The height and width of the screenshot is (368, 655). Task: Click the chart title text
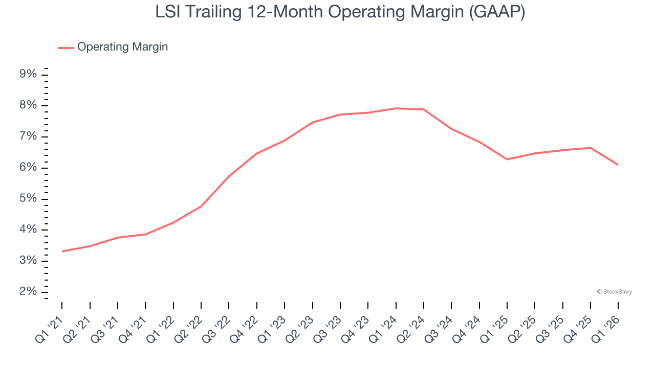pyautogui.click(x=340, y=12)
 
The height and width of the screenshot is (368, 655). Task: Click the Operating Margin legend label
pyautogui.click(x=122, y=47)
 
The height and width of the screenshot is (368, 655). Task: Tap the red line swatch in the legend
pyautogui.click(x=65, y=48)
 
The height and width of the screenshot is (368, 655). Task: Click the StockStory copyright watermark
pyautogui.click(x=614, y=292)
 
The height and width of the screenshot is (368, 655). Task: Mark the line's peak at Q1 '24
pyautogui.click(x=396, y=108)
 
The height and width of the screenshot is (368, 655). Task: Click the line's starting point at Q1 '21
pyautogui.click(x=62, y=251)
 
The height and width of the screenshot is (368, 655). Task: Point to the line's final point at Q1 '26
pyautogui.click(x=618, y=165)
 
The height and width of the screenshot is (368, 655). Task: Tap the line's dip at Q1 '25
pyautogui.click(x=507, y=159)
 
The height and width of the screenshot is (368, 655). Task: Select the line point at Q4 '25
pyautogui.click(x=591, y=148)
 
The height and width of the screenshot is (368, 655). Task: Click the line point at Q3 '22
pyautogui.click(x=229, y=176)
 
